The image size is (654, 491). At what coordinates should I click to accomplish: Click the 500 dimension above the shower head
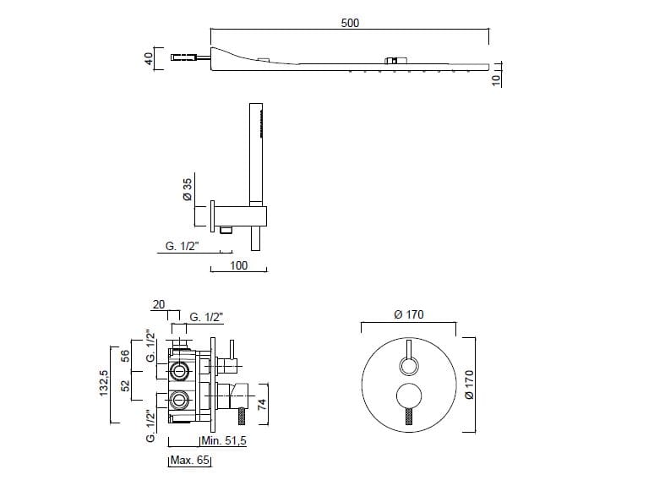click(350, 23)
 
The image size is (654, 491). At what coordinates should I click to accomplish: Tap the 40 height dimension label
click(149, 58)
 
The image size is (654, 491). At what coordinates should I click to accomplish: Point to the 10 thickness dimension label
click(496, 79)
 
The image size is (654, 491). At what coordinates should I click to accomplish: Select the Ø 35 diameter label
click(188, 189)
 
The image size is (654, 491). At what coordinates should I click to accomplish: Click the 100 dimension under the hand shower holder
click(238, 265)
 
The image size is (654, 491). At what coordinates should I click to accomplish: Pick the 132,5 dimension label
click(104, 384)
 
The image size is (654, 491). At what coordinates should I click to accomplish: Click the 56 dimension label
click(125, 356)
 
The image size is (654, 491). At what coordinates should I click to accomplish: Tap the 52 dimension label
click(125, 385)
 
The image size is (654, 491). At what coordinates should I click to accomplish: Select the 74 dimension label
click(262, 405)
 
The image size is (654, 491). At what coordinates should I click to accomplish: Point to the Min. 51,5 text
click(224, 440)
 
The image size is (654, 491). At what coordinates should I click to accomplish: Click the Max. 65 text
click(190, 460)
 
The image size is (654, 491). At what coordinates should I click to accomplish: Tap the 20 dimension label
click(159, 304)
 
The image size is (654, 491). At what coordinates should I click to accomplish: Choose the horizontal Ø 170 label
click(409, 314)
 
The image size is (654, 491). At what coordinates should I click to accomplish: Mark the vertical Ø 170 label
click(469, 385)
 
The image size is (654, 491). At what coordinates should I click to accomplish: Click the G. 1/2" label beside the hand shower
click(182, 246)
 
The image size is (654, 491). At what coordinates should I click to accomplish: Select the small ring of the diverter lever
click(408, 366)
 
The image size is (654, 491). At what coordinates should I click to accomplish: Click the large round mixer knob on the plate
click(408, 396)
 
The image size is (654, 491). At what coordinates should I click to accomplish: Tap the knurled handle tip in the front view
click(408, 416)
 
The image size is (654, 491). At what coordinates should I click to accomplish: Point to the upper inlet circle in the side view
click(180, 370)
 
